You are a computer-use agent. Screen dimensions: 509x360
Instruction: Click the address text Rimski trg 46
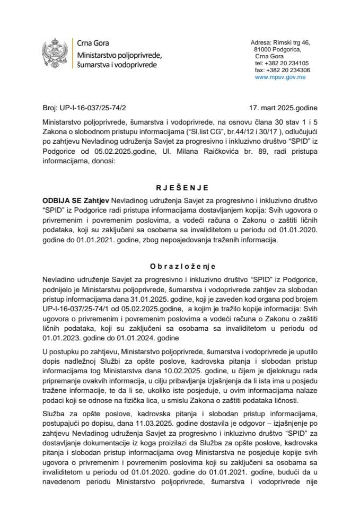click(295, 42)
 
